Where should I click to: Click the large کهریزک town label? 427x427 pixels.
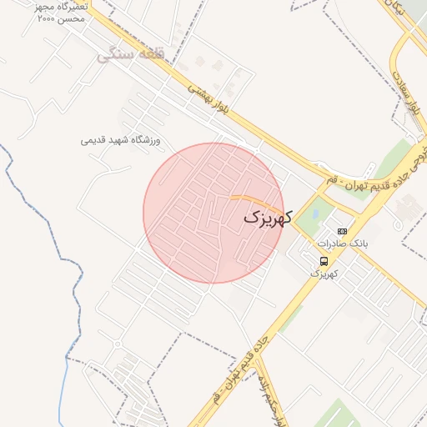(267, 218)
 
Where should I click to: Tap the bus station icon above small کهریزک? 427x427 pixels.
(324, 260)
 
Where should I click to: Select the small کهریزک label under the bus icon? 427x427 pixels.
(323, 274)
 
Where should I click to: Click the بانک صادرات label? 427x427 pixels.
(342, 244)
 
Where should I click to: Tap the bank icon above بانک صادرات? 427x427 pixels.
(342, 231)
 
